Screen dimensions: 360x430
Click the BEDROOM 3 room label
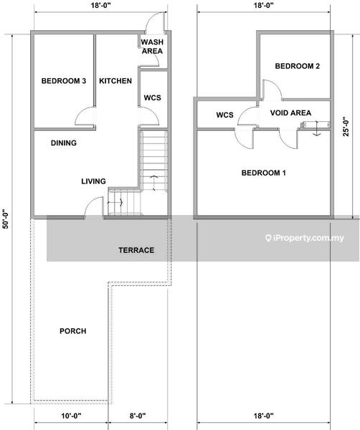[x=64, y=81]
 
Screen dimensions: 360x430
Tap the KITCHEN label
[x=115, y=81]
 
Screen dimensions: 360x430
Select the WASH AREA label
[x=152, y=47]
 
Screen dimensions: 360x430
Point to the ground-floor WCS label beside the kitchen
[x=152, y=97]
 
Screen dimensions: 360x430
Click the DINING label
[x=64, y=143]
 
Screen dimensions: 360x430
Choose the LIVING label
[x=93, y=181]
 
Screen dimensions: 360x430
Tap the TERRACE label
[x=136, y=250]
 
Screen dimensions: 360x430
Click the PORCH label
[x=73, y=331]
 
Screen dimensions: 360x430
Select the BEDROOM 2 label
[x=298, y=66]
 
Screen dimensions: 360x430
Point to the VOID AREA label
[x=290, y=113]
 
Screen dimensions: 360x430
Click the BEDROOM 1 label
[x=264, y=173]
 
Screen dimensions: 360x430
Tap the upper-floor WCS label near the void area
[x=224, y=115]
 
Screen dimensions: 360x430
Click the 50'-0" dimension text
[x=6, y=219]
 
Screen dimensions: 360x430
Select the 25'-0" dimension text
[x=346, y=127]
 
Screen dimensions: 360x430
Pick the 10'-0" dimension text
[x=71, y=416]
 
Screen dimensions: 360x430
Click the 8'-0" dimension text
[x=138, y=416]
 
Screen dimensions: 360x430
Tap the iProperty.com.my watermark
[x=305, y=238]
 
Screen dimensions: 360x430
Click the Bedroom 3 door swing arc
[x=80, y=112]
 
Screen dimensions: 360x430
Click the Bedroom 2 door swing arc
[x=277, y=85]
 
